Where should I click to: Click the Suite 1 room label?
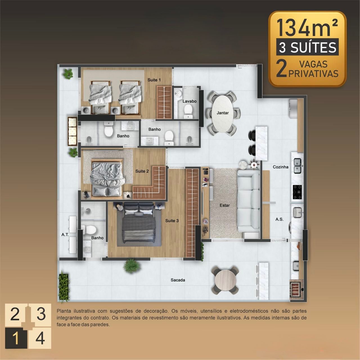click(x=154, y=80)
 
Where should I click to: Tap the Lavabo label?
click(x=190, y=101)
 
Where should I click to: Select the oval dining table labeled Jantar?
click(x=223, y=113)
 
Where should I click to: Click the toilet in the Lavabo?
click(x=188, y=111)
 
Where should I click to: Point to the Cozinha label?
click(x=280, y=167)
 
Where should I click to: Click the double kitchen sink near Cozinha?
click(x=297, y=166)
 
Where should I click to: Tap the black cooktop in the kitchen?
click(x=297, y=192)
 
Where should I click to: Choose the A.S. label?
click(x=280, y=219)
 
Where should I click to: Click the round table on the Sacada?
click(x=225, y=280)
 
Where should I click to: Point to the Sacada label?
click(x=178, y=280)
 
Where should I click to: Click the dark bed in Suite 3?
click(x=139, y=224)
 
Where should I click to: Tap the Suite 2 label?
click(x=142, y=171)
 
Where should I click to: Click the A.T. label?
click(x=65, y=235)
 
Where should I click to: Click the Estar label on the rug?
click(x=224, y=205)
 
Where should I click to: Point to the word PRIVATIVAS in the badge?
click(x=313, y=73)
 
